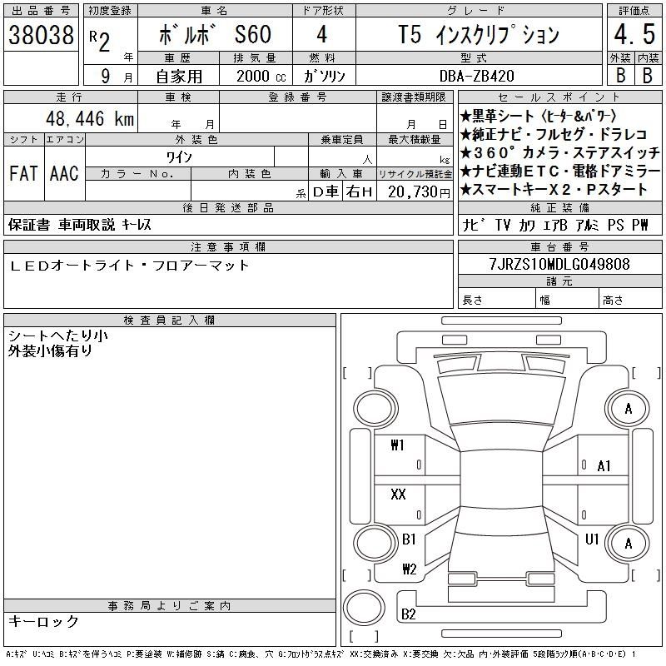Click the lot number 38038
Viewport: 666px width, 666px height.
[41, 35]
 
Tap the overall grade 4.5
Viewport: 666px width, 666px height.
[634, 34]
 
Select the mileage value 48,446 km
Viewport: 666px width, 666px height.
[90, 118]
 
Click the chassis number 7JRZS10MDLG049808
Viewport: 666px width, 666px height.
[559, 264]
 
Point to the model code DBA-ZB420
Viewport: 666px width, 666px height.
[476, 76]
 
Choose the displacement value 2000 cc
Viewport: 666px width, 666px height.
[261, 76]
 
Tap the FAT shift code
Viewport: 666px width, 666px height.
[23, 173]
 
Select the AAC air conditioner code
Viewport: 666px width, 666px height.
[64, 173]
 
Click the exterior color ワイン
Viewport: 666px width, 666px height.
[179, 157]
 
